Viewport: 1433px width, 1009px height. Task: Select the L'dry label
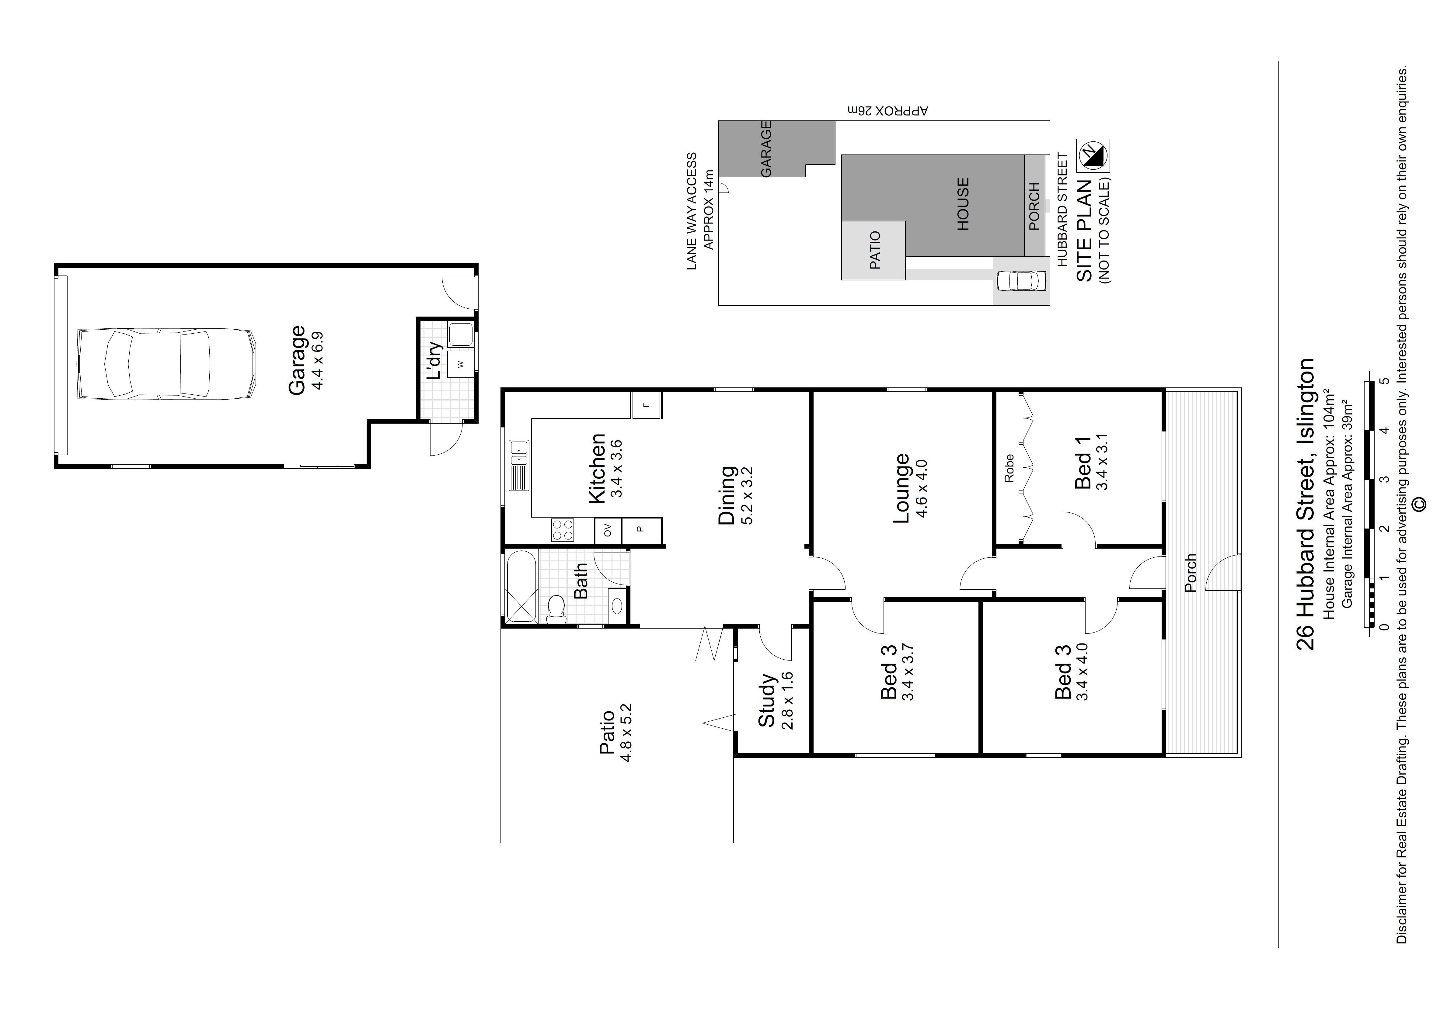tap(434, 360)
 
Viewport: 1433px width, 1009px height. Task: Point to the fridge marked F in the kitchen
tap(646, 405)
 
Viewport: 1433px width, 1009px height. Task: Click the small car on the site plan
tap(1021, 281)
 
